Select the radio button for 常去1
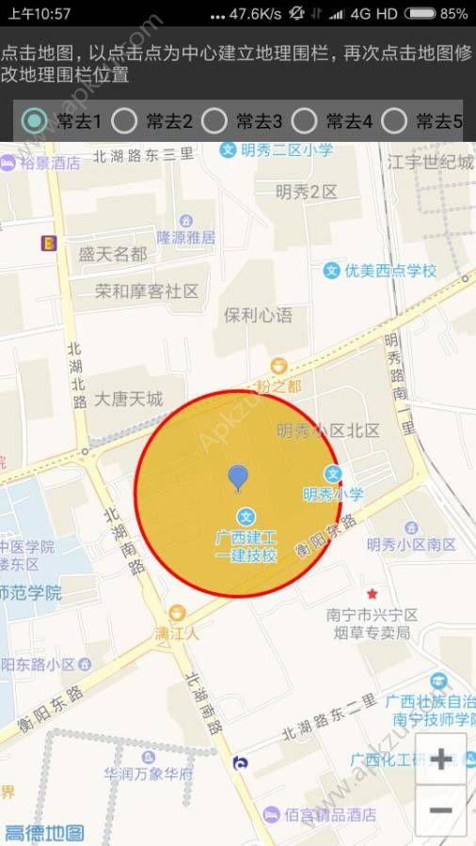coord(35,120)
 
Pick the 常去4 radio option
coord(305,120)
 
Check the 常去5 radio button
coord(395,120)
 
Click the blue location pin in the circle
coord(238,478)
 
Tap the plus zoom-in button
coord(440,759)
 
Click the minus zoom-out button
coord(440,810)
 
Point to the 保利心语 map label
coord(258,314)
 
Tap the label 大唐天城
coord(129,399)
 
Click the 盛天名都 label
coord(113,254)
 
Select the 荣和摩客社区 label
coord(148,291)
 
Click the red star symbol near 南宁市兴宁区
coord(373,593)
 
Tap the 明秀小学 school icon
coord(333,474)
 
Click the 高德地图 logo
coord(43,833)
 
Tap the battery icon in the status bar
coord(420,13)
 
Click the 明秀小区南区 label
coord(412,545)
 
